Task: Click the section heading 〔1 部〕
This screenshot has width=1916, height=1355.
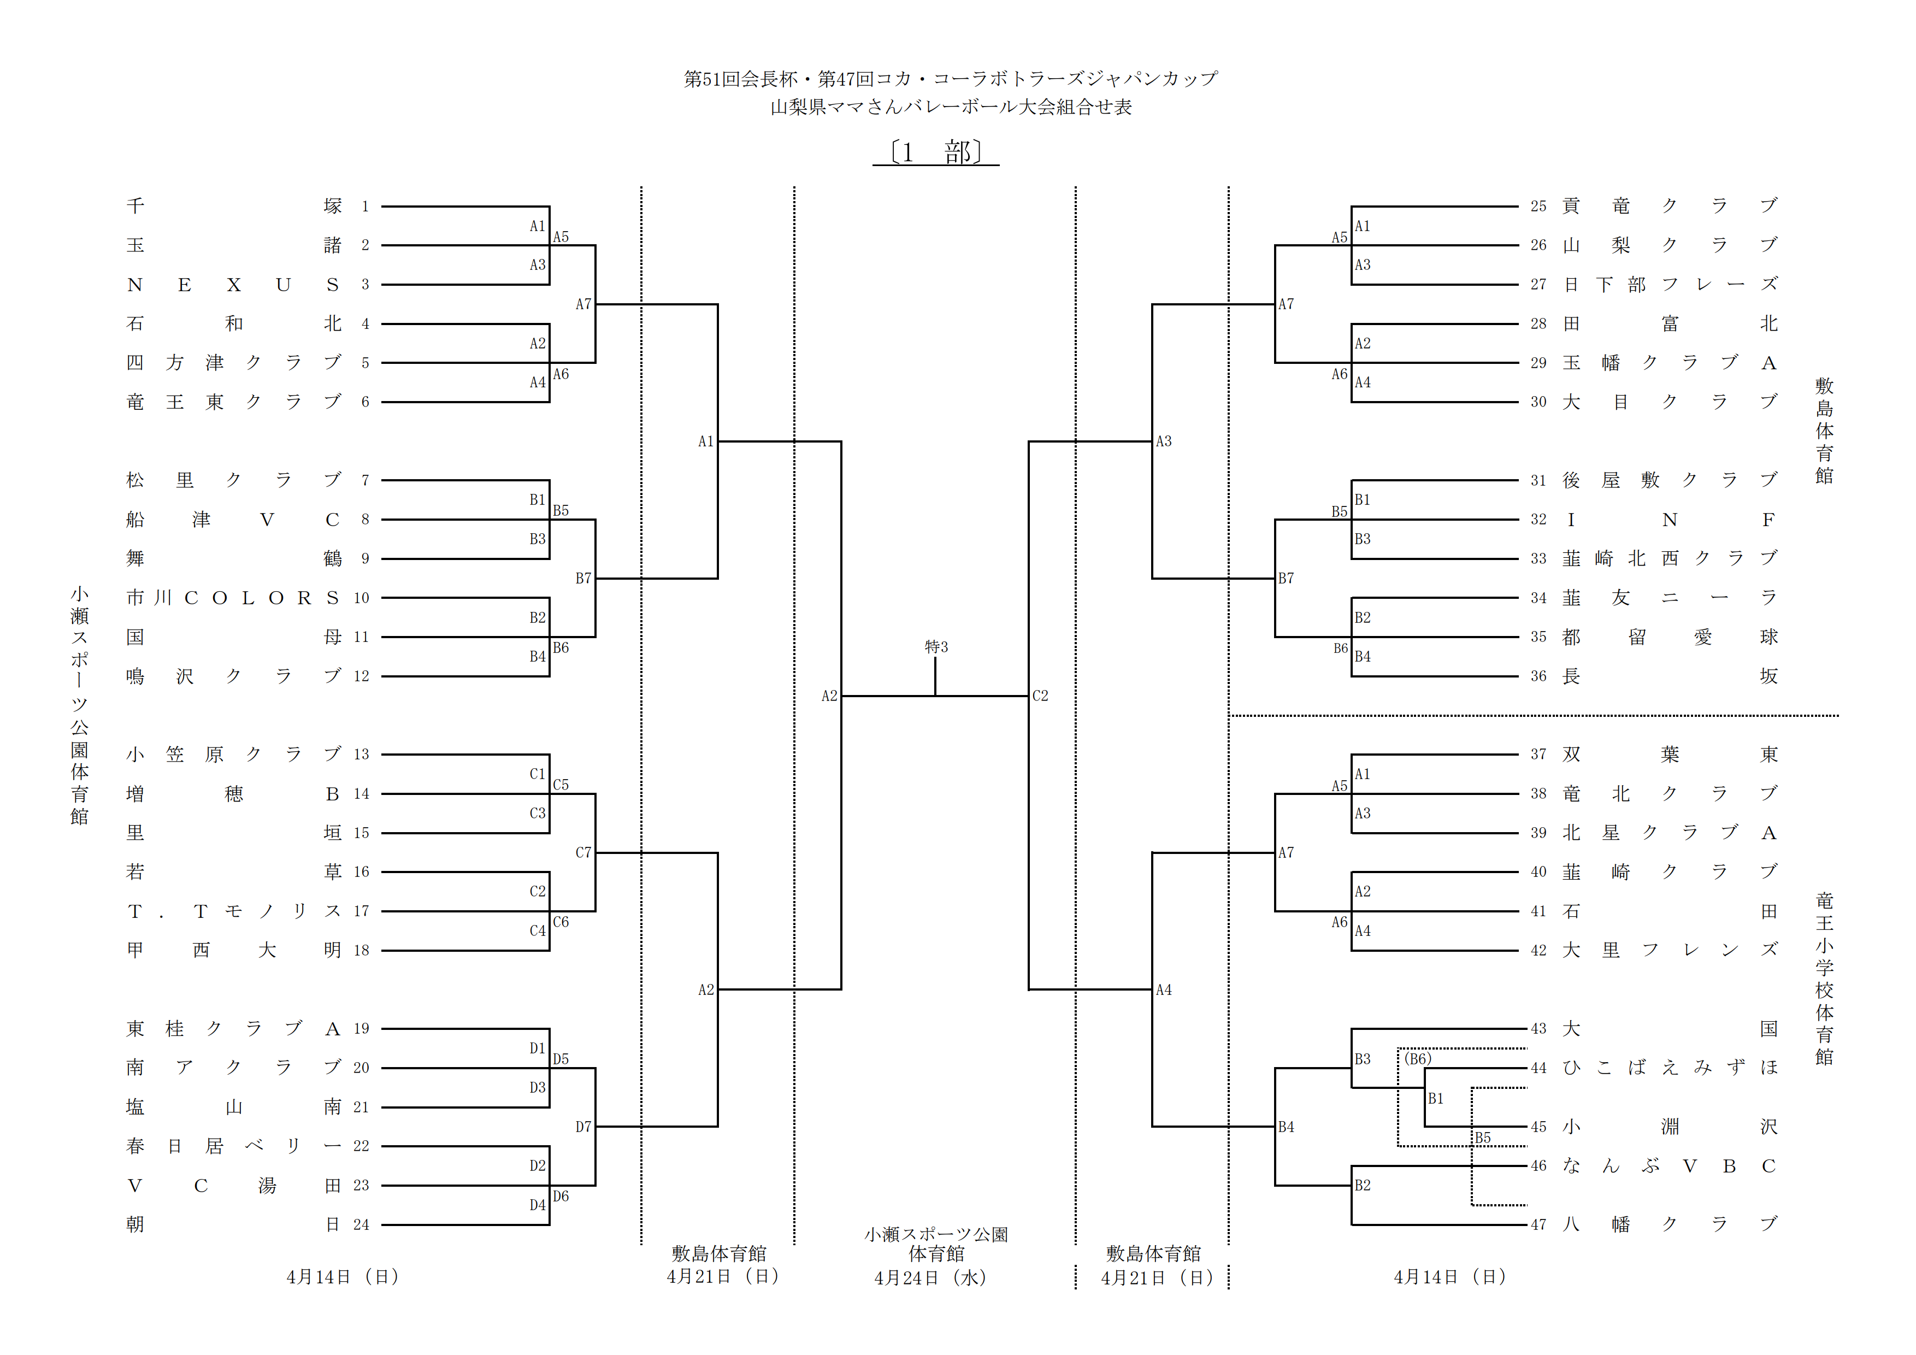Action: pos(935,152)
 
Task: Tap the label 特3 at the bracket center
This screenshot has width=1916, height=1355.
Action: pos(935,646)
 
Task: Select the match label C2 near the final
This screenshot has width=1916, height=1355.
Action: pos(1040,696)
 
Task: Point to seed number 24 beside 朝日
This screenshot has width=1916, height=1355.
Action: pos(361,1225)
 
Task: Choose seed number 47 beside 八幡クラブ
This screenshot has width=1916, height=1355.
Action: pos(1538,1225)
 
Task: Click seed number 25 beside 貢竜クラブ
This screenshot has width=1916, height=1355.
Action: pos(1538,206)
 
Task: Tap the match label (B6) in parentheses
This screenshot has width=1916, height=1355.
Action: pos(1418,1059)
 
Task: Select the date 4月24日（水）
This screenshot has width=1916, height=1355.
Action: pos(930,1277)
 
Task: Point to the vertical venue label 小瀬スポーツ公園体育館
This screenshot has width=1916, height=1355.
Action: pos(79,705)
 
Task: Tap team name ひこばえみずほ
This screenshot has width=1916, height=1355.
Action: pos(1669,1068)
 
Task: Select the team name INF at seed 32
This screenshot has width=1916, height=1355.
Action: pos(1669,520)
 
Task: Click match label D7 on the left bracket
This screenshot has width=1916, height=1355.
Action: pos(583,1127)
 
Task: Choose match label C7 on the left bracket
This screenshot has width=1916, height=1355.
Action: pos(583,853)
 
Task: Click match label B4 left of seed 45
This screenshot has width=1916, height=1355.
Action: pos(1286,1127)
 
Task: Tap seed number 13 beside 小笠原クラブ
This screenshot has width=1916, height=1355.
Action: pos(361,754)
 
